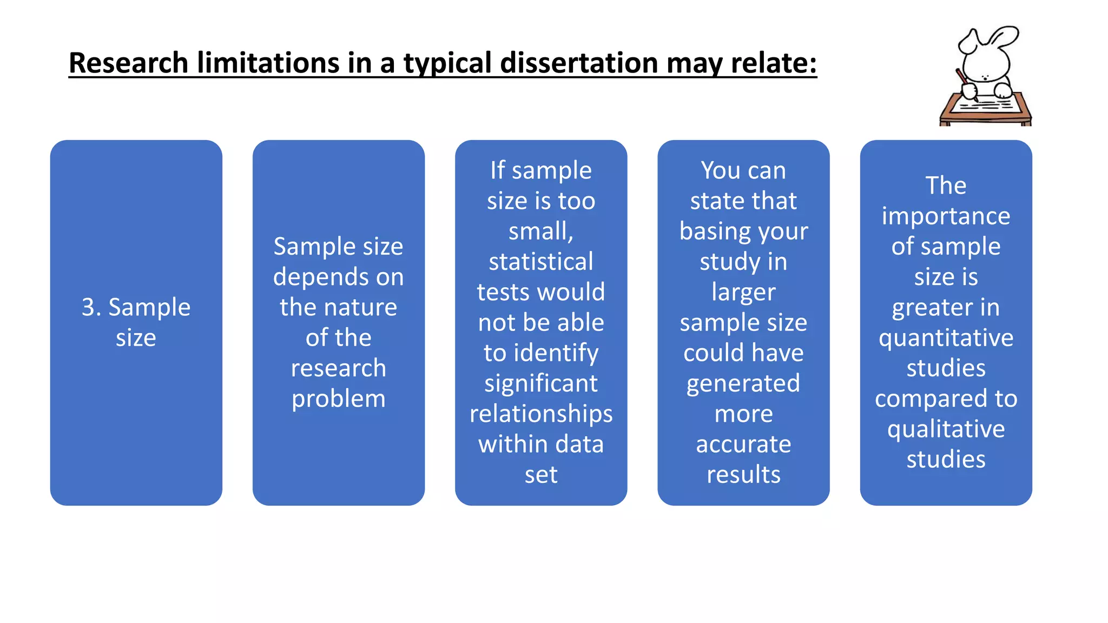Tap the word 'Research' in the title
point(128,63)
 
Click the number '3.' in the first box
point(91,307)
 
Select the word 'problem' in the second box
point(338,399)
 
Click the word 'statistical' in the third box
point(540,262)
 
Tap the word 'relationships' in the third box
point(540,414)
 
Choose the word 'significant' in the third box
point(540,384)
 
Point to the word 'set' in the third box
point(540,475)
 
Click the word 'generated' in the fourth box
point(743,384)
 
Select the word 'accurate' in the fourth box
point(743,445)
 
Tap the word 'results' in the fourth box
point(743,475)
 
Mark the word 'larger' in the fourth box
point(743,293)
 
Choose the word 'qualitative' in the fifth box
point(945,429)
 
